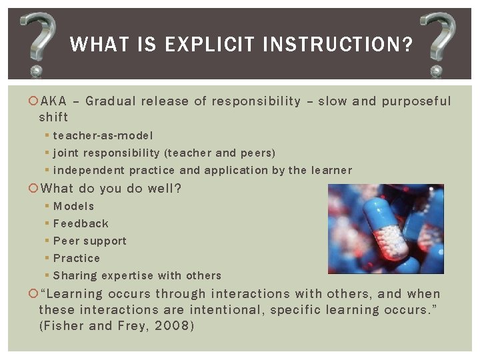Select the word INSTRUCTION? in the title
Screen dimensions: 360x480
[x=337, y=45]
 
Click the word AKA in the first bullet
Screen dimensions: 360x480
[x=53, y=101]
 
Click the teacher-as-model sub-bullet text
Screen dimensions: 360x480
[x=103, y=135]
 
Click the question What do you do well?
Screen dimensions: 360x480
[x=111, y=189]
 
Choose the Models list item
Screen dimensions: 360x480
[x=73, y=207]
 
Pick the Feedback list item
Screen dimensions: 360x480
[x=81, y=224]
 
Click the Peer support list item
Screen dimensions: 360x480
[x=89, y=241]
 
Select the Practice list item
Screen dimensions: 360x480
[x=77, y=259]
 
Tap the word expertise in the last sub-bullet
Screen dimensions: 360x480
[x=125, y=276]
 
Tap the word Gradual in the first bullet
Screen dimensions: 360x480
[x=110, y=101]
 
